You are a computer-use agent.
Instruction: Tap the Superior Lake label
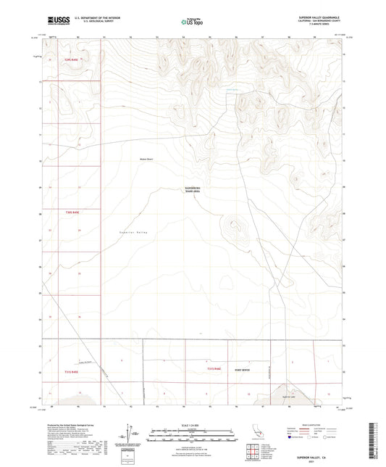click(x=289, y=397)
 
